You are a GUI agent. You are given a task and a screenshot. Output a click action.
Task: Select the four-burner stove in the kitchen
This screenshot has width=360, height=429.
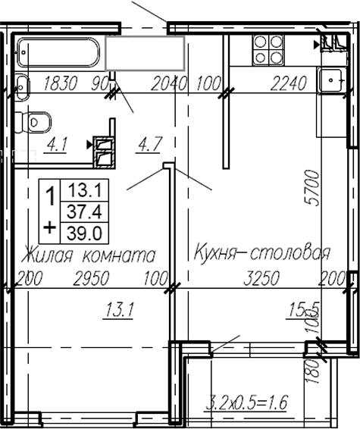point(267,50)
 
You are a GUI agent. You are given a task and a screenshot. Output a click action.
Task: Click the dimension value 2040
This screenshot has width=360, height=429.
point(169,84)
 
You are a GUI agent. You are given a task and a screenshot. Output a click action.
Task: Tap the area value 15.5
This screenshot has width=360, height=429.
point(302,308)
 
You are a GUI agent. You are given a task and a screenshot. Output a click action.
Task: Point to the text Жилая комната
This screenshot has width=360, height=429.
point(89,254)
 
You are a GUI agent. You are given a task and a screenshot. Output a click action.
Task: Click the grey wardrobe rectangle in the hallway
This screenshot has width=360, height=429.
point(145,52)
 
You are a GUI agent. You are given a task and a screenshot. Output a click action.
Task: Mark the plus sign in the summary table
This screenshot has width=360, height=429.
point(50,226)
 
